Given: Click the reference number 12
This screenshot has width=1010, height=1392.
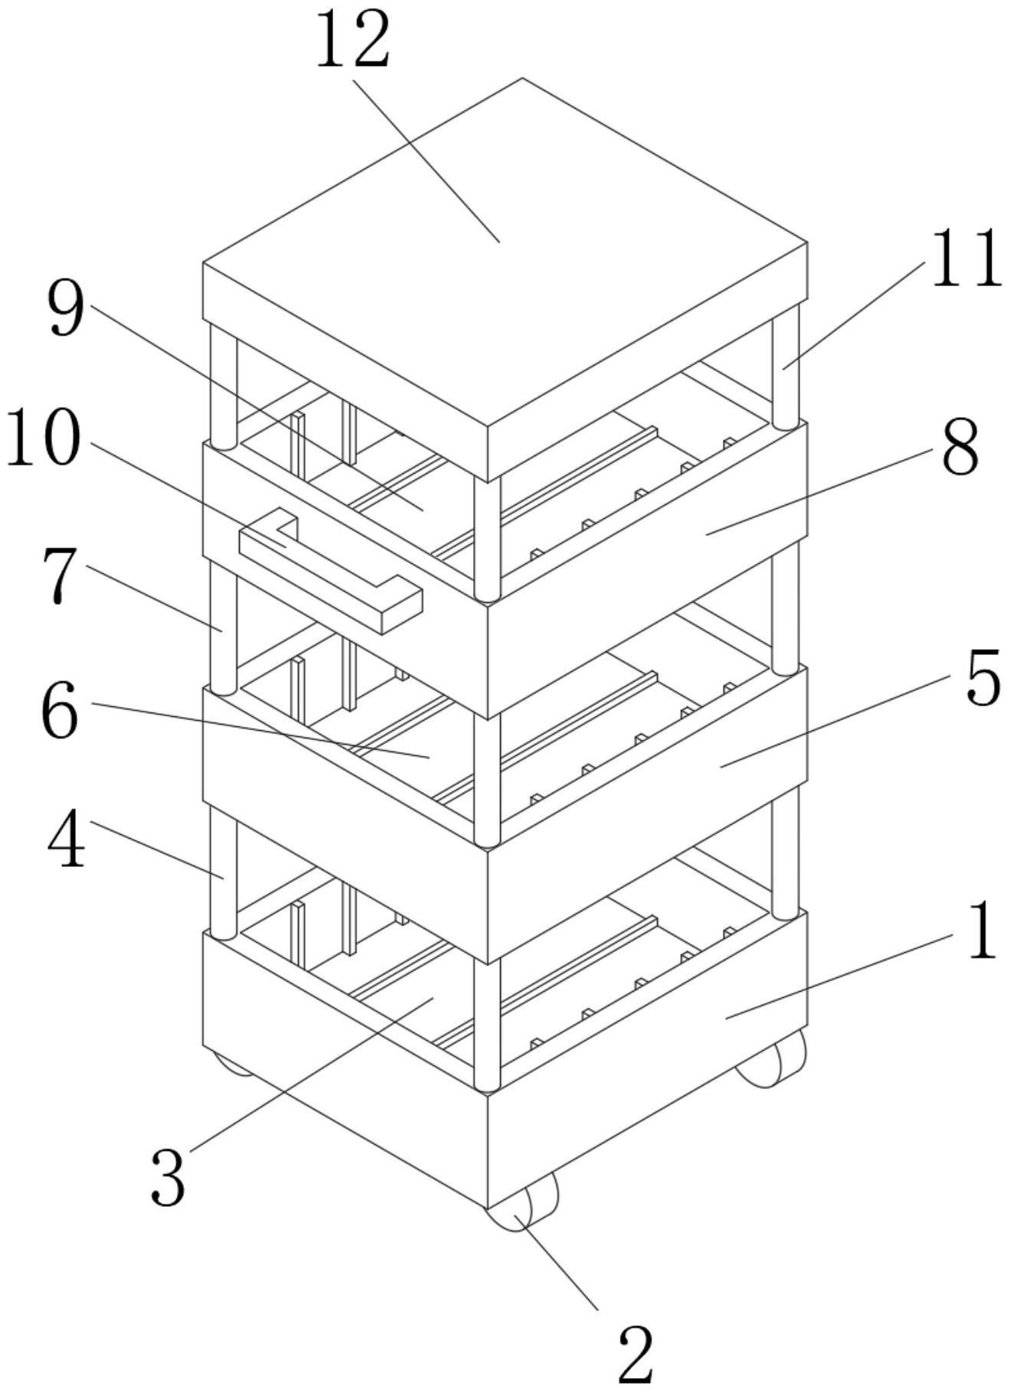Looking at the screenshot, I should [352, 40].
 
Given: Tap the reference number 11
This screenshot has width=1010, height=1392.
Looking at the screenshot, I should [966, 259].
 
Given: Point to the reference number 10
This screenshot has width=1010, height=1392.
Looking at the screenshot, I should [43, 438].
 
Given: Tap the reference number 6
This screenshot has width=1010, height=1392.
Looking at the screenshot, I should [60, 713].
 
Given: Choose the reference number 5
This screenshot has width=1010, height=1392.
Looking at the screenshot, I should [983, 677].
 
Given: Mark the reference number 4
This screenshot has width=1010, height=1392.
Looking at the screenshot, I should [67, 843].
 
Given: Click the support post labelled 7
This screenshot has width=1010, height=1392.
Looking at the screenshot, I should [223, 628].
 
